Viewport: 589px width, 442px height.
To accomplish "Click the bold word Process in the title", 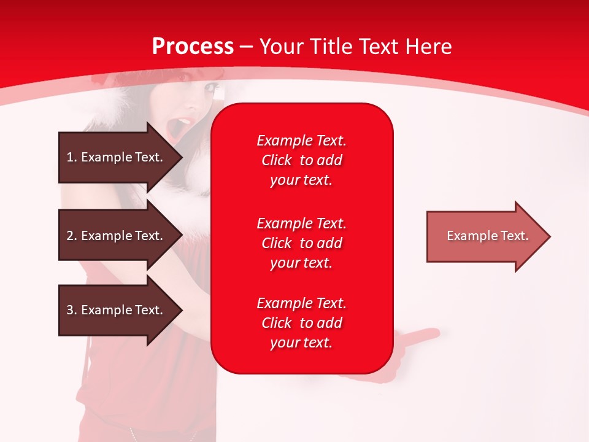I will (193, 47).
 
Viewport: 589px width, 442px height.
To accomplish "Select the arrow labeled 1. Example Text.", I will (117, 157).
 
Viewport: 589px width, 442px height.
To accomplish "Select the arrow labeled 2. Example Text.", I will (117, 236).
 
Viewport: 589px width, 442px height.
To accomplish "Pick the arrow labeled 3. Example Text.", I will (117, 310).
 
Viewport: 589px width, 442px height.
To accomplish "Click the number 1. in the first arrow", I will (72, 157).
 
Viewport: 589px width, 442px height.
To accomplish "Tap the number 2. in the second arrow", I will (72, 236).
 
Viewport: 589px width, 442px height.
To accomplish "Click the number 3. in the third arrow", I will (72, 310).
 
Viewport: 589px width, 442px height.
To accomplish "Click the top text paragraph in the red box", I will (301, 160).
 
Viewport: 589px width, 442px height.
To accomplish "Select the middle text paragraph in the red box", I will (301, 243).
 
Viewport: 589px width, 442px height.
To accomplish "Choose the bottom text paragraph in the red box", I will (301, 323).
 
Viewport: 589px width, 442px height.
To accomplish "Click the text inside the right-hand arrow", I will (487, 236).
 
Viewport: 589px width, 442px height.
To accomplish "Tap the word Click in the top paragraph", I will (277, 161).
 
